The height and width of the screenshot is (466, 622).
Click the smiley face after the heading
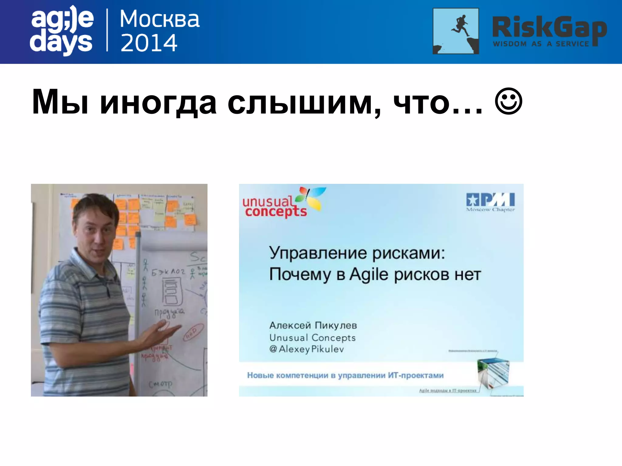point(508,102)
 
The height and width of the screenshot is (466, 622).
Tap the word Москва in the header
point(160,19)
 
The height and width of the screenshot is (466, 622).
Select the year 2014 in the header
point(149,43)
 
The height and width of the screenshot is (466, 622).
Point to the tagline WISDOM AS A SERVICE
point(541,44)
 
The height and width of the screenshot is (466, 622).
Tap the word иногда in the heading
point(158,102)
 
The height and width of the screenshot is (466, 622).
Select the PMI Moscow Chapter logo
point(490,202)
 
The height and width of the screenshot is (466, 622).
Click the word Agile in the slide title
point(369,275)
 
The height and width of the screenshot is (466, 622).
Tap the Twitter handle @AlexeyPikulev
point(306,349)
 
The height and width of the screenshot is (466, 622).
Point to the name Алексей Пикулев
point(313,325)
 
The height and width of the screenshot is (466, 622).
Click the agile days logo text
point(62,30)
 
